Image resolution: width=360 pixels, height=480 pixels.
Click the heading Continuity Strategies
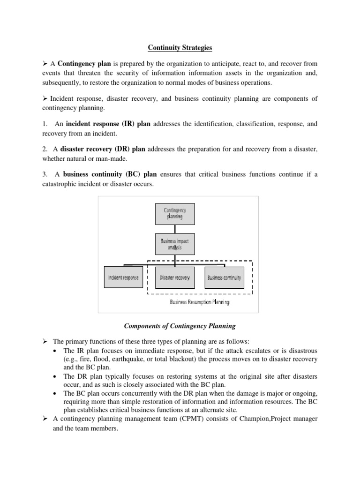tap(180, 47)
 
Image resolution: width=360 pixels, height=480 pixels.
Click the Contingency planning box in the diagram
tap(175, 214)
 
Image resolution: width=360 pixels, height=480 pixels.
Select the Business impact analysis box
tap(175, 244)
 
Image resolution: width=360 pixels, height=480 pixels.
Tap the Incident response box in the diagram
tap(123, 277)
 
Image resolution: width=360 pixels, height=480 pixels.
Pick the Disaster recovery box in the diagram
tap(175, 277)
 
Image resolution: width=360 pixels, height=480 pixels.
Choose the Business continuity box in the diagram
tap(224, 277)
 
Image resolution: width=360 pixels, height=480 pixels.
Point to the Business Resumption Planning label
tap(199, 302)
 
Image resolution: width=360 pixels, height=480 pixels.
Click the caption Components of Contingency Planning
tap(180, 326)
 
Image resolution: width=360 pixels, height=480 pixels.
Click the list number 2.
tap(44, 149)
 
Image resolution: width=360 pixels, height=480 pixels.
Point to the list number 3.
tap(44, 174)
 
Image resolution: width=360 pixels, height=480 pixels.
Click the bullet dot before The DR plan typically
tap(56, 377)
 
